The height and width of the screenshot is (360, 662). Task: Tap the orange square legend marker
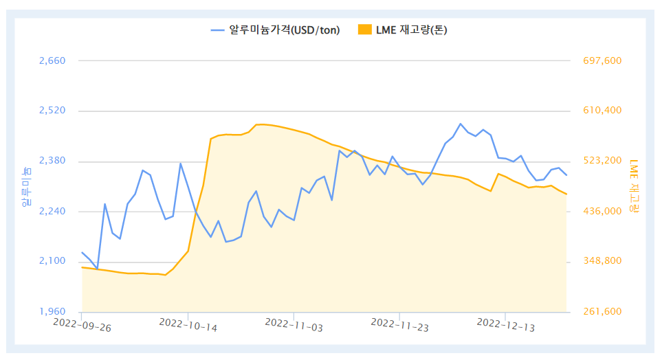pos(364,30)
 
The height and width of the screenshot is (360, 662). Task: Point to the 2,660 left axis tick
pos(52,60)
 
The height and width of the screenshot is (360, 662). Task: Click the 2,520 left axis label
pos(52,111)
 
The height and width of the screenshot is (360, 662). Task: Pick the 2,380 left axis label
pos(52,161)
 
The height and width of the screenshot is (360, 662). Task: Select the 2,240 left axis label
pos(52,211)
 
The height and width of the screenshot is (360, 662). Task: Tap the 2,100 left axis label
pos(52,261)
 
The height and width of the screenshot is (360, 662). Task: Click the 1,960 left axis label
pos(52,311)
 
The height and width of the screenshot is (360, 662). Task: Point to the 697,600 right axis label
pos(602,60)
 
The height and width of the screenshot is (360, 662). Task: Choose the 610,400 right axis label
pos(602,111)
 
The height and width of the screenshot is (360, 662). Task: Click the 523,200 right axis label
pos(602,161)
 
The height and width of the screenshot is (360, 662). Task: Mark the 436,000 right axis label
pos(602,211)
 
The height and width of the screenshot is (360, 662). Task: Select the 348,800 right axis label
pos(602,261)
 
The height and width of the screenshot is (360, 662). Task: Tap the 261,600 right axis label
pos(602,311)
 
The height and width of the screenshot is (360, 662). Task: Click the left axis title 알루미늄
pos(26,186)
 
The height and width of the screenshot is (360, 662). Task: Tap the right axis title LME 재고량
pos(634,185)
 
